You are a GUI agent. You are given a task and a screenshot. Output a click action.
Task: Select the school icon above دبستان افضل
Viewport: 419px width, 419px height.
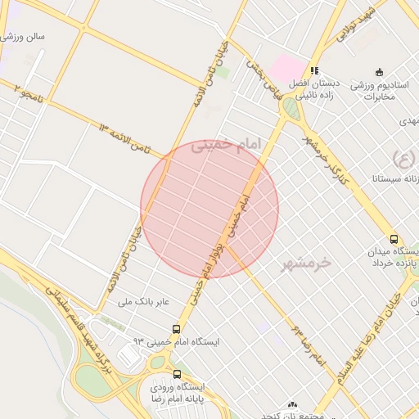[315, 71]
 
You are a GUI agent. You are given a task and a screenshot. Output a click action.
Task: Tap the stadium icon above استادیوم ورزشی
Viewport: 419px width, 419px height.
[378, 72]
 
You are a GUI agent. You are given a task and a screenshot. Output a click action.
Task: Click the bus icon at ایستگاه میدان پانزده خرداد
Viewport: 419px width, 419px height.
[394, 240]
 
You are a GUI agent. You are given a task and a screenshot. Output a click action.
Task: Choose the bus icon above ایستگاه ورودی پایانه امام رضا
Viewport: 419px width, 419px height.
[178, 375]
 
